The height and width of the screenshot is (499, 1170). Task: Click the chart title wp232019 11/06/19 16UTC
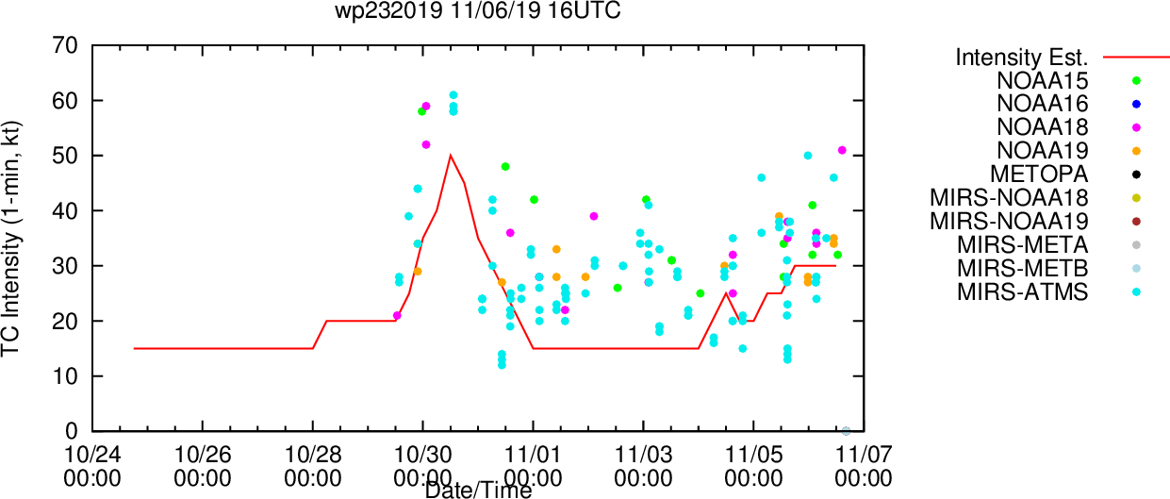point(477,10)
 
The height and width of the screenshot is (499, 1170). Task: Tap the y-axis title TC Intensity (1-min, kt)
point(11,239)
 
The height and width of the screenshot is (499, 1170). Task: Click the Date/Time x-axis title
point(478,491)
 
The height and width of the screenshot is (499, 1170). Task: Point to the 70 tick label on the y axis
point(65,46)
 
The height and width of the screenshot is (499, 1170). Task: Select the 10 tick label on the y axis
point(65,376)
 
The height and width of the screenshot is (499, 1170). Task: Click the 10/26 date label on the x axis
point(202,455)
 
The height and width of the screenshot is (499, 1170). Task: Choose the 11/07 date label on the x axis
point(864,455)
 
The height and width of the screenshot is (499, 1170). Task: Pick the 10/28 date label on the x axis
point(312,455)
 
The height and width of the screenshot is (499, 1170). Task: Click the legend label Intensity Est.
point(1022,58)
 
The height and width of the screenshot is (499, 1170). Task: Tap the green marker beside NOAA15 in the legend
point(1136,81)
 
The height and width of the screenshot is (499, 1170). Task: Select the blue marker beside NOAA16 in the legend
point(1136,105)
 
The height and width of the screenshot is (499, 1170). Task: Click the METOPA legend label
point(1039,174)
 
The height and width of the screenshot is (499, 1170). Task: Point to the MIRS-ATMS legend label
point(1022,291)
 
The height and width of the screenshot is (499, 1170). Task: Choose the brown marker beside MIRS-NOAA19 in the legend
point(1136,222)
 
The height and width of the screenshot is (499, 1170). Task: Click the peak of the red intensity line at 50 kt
point(451,156)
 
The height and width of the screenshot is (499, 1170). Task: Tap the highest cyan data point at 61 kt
point(453,95)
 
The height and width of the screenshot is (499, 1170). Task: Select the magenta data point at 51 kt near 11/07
point(842,151)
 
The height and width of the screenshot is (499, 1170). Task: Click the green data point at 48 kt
point(505,167)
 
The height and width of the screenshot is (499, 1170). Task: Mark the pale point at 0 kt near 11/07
point(847,431)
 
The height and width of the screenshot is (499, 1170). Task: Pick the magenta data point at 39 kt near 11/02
point(593,216)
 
